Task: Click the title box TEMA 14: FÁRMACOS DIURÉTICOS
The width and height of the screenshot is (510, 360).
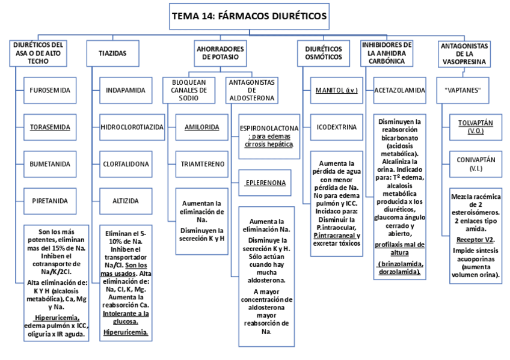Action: [250, 16]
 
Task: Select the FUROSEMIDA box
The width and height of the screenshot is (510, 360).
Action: [49, 90]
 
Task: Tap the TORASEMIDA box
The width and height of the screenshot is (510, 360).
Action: [49, 127]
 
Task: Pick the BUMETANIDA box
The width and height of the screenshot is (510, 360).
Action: [49, 163]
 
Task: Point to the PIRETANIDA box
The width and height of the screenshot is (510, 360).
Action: [49, 201]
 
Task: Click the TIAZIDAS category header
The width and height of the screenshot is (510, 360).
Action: [112, 53]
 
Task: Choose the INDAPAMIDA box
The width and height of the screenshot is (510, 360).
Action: [125, 90]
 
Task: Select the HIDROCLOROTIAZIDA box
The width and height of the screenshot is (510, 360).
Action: [132, 127]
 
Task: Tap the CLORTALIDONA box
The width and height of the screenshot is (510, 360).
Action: [125, 163]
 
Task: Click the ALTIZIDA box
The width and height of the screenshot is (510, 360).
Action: [125, 201]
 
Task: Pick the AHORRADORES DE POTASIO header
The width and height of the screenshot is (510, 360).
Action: [221, 52]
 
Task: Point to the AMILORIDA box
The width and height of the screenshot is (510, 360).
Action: [201, 127]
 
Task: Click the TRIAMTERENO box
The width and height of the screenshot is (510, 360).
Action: [201, 163]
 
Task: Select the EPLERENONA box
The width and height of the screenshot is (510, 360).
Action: [265, 182]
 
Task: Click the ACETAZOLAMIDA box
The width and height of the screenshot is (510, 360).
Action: [399, 90]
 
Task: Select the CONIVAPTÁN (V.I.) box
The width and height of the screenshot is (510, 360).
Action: [475, 163]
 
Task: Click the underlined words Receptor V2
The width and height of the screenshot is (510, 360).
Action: [476, 239]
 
